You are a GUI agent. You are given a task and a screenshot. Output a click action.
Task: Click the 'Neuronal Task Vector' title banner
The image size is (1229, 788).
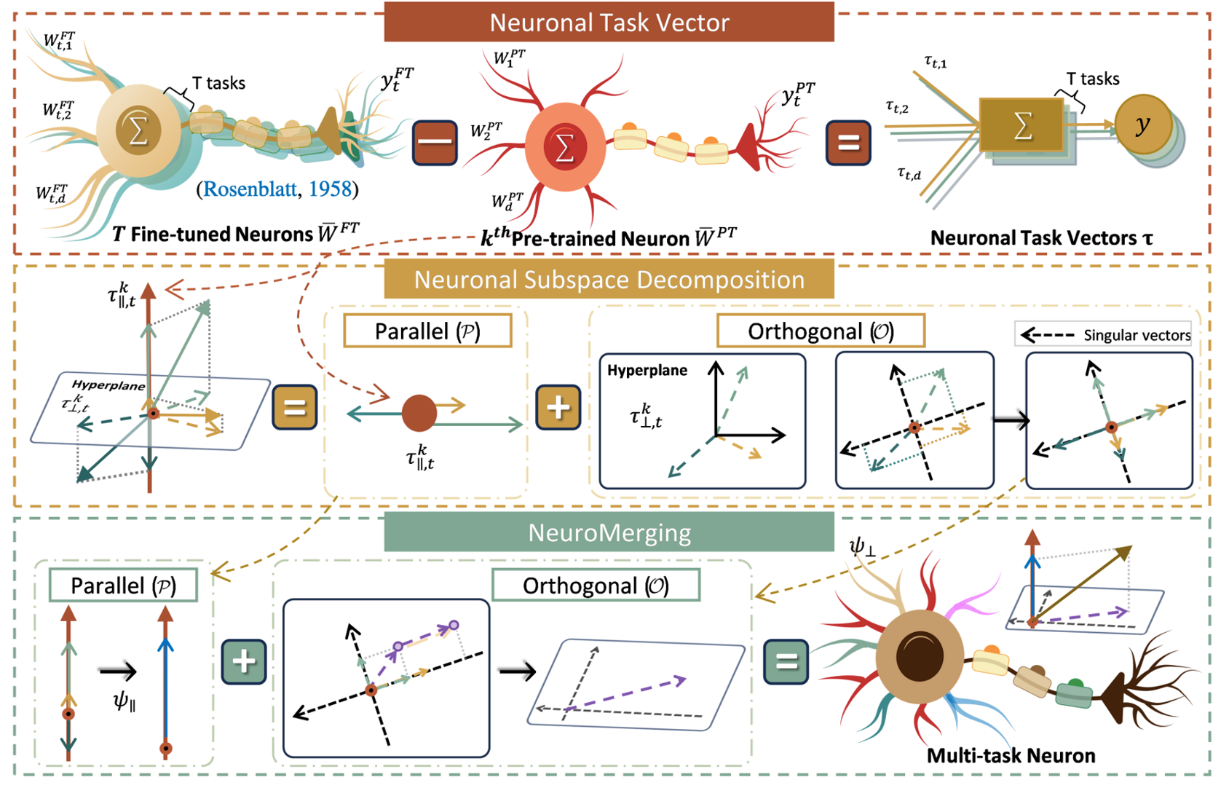(x=609, y=23)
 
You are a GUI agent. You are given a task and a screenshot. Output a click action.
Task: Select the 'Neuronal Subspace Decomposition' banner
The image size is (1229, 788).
(x=609, y=280)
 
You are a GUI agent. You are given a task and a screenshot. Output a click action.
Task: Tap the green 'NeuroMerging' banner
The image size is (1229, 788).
(x=609, y=533)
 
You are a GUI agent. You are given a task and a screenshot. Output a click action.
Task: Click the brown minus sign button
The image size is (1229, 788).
(x=435, y=143)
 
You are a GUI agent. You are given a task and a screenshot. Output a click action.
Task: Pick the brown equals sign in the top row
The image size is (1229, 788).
(x=848, y=143)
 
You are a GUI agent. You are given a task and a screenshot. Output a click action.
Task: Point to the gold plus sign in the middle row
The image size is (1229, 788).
(x=558, y=407)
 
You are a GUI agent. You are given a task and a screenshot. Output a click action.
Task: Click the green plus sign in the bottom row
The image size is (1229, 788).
(x=244, y=661)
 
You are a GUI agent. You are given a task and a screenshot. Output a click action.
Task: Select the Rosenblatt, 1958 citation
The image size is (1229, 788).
(x=277, y=189)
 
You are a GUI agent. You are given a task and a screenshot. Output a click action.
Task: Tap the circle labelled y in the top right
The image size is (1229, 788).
(x=1143, y=125)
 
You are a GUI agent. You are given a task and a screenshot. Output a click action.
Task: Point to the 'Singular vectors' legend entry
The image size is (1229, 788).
(x=1104, y=335)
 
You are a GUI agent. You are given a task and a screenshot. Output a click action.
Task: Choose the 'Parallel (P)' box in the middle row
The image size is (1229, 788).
(x=427, y=331)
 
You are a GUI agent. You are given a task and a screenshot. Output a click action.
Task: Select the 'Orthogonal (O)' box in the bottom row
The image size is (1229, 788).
(x=596, y=586)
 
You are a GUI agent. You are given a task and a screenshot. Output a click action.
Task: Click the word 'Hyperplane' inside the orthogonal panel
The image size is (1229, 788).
(x=647, y=370)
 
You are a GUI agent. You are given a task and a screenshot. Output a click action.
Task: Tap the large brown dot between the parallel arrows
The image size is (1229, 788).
(x=419, y=413)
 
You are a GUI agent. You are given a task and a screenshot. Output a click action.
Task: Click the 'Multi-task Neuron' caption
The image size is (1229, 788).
(x=1011, y=756)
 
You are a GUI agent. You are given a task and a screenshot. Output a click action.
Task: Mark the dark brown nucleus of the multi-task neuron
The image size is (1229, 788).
(x=920, y=655)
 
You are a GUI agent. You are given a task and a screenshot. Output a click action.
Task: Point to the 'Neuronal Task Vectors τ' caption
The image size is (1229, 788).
(x=1042, y=238)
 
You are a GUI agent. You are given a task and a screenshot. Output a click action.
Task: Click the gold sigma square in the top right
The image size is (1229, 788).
(x=1021, y=125)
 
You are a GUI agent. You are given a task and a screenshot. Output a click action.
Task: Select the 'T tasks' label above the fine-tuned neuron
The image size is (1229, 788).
(x=218, y=83)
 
